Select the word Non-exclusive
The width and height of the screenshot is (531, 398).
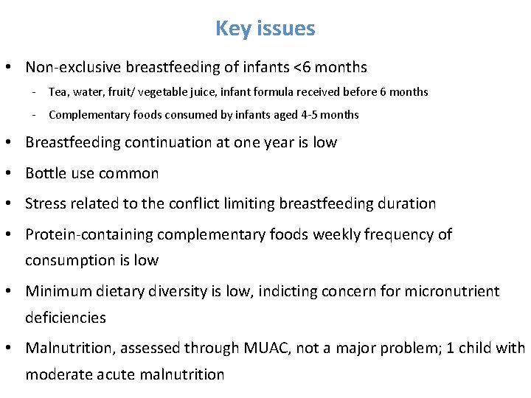point(73,67)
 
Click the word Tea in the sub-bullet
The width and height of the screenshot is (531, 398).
point(58,92)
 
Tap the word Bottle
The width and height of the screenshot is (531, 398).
point(46,173)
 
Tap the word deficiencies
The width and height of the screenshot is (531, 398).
point(66,318)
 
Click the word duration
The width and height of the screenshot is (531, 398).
point(406,203)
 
